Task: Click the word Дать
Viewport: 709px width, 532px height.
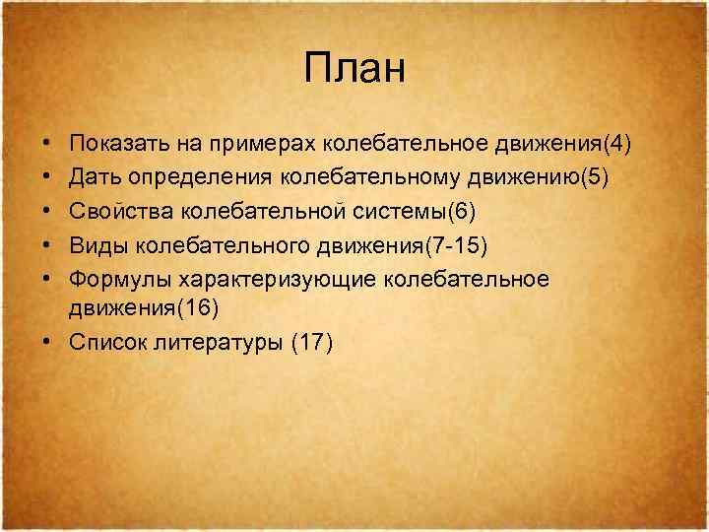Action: (95, 178)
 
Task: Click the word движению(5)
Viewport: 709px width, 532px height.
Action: (548, 178)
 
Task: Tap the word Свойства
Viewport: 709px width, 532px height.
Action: (118, 212)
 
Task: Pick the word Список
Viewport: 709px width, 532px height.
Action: (108, 342)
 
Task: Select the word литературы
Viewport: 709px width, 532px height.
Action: (220, 342)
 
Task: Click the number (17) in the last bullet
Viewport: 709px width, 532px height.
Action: (313, 342)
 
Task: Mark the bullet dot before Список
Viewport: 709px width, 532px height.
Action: (48, 342)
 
